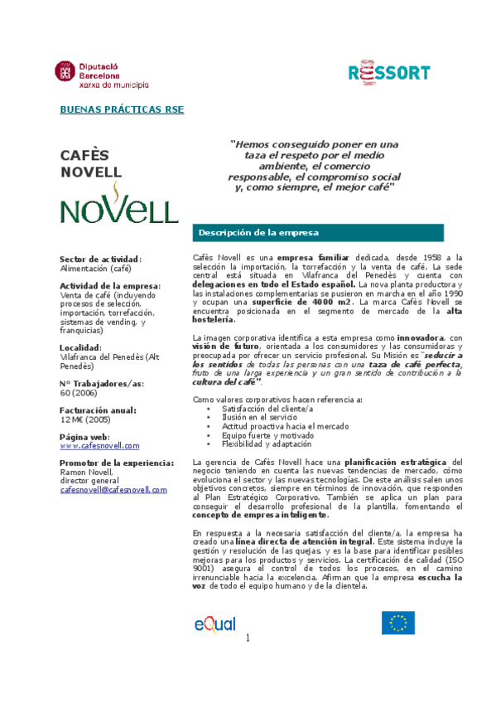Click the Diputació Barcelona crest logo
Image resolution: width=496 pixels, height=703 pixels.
click(x=65, y=72)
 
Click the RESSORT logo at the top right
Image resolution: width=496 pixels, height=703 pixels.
click(x=388, y=73)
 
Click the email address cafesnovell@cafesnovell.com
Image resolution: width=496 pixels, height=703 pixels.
click(x=113, y=489)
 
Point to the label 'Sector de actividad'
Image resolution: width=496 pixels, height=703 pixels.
click(x=99, y=259)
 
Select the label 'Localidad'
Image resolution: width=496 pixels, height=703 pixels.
click(x=81, y=347)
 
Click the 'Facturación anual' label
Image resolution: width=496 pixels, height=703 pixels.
click(x=98, y=410)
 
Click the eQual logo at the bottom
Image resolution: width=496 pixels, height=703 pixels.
click(x=214, y=623)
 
